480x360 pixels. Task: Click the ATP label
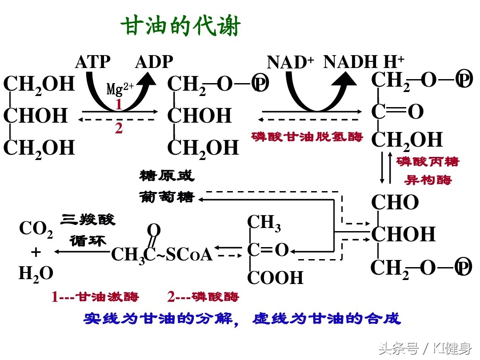pyautogui.click(x=92, y=62)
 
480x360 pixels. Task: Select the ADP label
pyautogui.click(x=154, y=62)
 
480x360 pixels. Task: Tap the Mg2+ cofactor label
pyautogui.click(x=120, y=89)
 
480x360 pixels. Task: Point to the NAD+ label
pyautogui.click(x=290, y=62)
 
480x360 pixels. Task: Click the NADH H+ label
pyautogui.click(x=364, y=62)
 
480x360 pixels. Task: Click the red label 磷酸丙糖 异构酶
pyautogui.click(x=427, y=171)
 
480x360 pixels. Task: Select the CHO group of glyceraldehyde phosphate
pyautogui.click(x=395, y=203)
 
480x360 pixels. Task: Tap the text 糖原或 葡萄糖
pyautogui.click(x=167, y=187)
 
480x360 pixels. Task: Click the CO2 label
pyautogui.click(x=36, y=229)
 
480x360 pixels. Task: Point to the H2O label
pyautogui.click(x=36, y=273)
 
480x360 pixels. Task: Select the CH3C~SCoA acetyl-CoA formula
pyautogui.click(x=162, y=254)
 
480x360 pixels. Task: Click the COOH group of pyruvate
pyautogui.click(x=275, y=278)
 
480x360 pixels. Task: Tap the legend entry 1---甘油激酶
pyautogui.click(x=95, y=296)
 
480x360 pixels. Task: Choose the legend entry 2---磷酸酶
pyautogui.click(x=203, y=296)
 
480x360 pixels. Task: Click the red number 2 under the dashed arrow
pyautogui.click(x=119, y=128)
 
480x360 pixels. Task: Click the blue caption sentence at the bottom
pyautogui.click(x=242, y=319)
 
